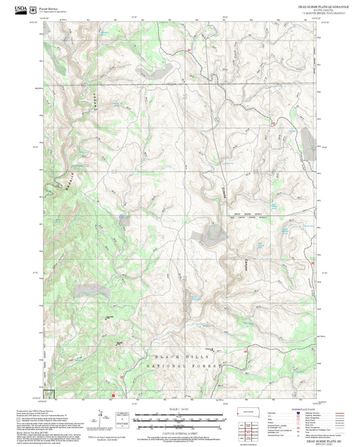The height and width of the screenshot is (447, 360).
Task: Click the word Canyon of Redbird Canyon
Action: click(87, 103)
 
